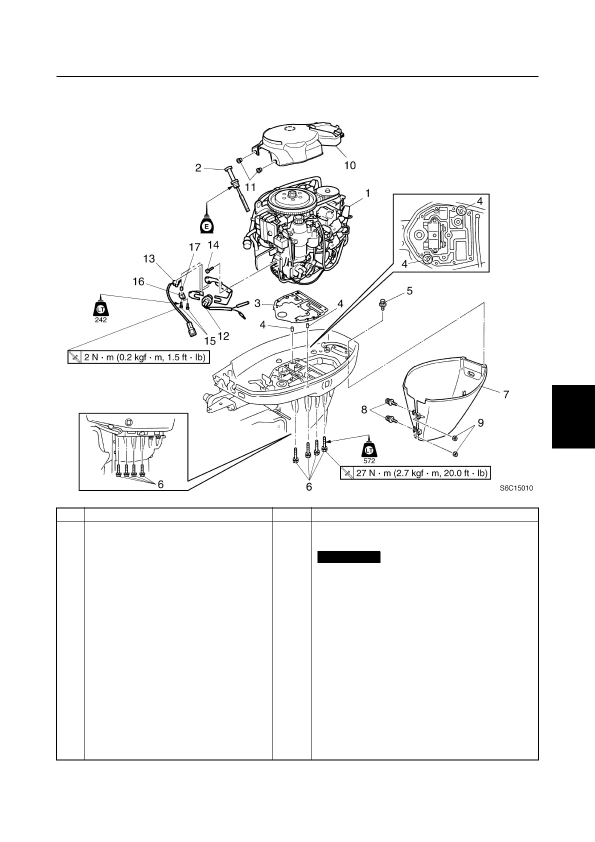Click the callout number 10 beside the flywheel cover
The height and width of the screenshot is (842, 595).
click(x=350, y=165)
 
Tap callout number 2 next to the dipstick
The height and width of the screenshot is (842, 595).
click(x=198, y=168)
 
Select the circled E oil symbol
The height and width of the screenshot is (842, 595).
click(x=206, y=226)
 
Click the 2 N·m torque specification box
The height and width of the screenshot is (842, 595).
click(x=138, y=357)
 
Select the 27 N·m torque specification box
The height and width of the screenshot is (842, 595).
click(x=414, y=473)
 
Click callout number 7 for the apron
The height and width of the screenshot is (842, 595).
click(x=506, y=394)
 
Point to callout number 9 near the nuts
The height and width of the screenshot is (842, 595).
click(x=480, y=423)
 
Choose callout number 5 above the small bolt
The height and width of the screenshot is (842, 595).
click(x=409, y=290)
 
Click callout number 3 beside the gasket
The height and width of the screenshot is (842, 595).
click(x=257, y=303)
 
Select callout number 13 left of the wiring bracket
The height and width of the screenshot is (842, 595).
click(x=149, y=258)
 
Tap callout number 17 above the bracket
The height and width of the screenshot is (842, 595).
click(x=194, y=247)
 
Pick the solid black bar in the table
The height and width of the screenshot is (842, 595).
click(x=349, y=557)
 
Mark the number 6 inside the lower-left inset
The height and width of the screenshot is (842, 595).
click(x=160, y=483)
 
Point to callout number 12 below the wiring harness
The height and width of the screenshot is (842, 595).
click(x=223, y=336)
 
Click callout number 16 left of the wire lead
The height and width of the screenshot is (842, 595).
click(x=138, y=282)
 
